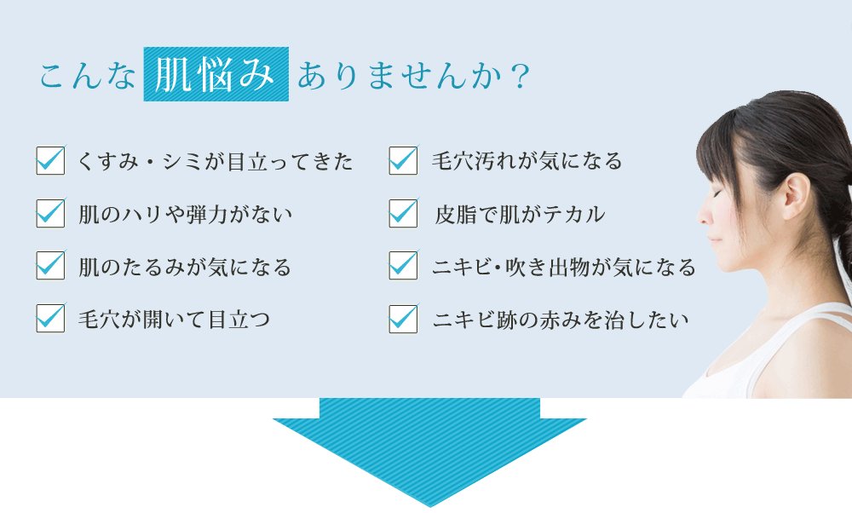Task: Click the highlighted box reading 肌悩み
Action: point(216,74)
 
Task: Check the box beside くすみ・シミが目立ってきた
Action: point(50,160)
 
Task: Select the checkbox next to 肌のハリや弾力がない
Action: point(50,213)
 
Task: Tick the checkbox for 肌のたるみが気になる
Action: point(50,265)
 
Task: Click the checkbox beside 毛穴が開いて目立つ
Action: point(50,318)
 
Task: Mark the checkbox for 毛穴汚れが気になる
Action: point(403,160)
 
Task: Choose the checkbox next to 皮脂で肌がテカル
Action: point(403,213)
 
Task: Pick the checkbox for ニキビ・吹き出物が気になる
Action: point(403,265)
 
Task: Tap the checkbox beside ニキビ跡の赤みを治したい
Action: point(403,319)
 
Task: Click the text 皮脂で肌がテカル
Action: point(520,214)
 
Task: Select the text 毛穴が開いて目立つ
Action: point(174,319)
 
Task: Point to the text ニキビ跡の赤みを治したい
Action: point(561,320)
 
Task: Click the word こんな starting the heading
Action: point(86,76)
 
